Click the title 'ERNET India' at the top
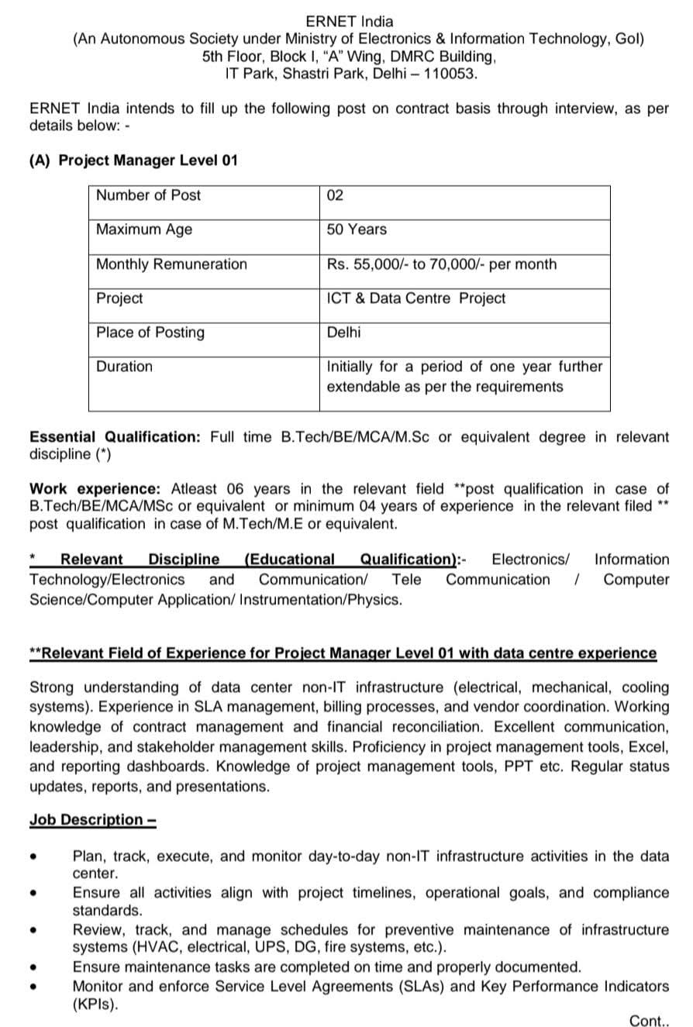(x=349, y=21)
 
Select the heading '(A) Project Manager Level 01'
(x=133, y=160)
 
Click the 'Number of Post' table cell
(x=148, y=195)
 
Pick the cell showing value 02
(x=335, y=195)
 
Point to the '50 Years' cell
(x=357, y=229)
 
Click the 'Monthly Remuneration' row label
(x=171, y=264)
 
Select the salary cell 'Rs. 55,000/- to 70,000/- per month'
(x=442, y=264)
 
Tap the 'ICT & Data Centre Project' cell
(x=416, y=298)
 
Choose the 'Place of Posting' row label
(x=150, y=333)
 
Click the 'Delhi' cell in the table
(x=343, y=333)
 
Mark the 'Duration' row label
(x=124, y=367)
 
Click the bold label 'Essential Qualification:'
(x=115, y=437)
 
